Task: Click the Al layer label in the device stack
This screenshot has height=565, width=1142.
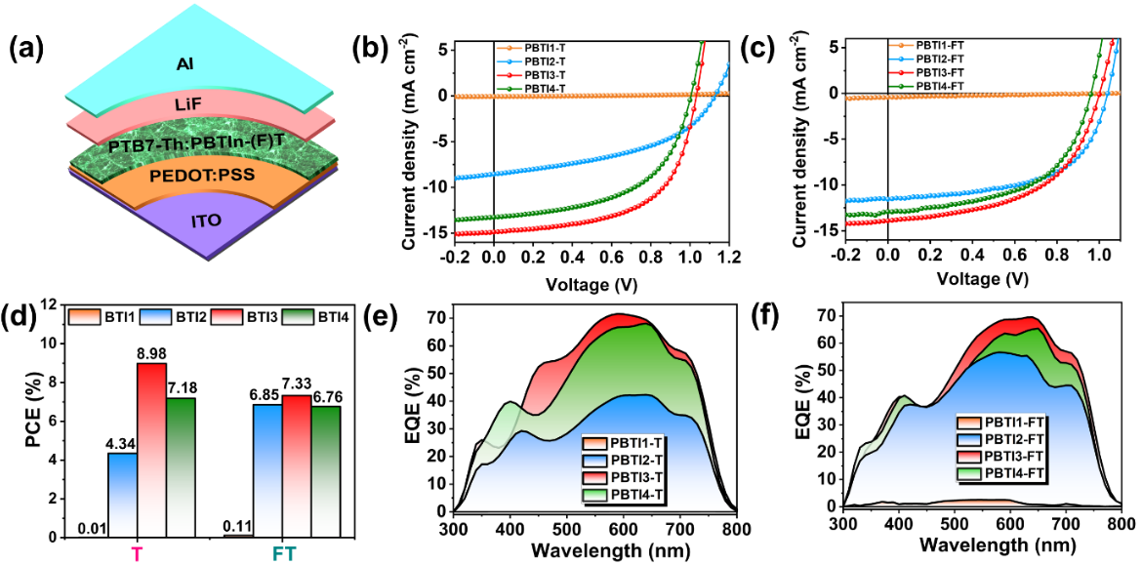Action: [x=184, y=64]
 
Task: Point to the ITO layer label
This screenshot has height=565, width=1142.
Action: [x=205, y=220]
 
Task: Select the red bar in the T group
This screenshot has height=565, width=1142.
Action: [x=151, y=449]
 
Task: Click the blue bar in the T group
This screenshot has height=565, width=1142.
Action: [x=123, y=494]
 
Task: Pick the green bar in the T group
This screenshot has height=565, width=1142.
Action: [x=180, y=466]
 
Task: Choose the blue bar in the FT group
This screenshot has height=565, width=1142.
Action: [x=267, y=469]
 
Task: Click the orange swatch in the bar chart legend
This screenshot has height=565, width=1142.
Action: [x=85, y=317]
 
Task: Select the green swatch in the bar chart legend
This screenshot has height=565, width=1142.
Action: [x=298, y=317]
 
